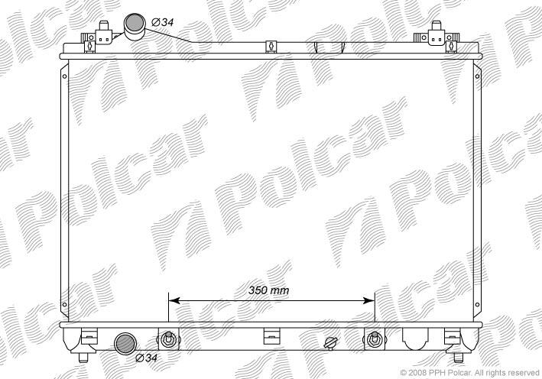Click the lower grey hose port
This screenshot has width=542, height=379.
(125, 344)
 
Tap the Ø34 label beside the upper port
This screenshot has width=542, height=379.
(163, 22)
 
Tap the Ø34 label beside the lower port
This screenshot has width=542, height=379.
(147, 358)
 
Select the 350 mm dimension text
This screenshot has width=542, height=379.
(268, 290)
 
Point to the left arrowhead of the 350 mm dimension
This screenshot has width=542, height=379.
(174, 300)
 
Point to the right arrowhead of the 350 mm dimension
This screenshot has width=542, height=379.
(368, 300)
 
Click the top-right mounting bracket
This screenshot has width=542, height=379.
(437, 37)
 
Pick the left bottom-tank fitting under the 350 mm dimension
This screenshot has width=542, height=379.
(168, 339)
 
